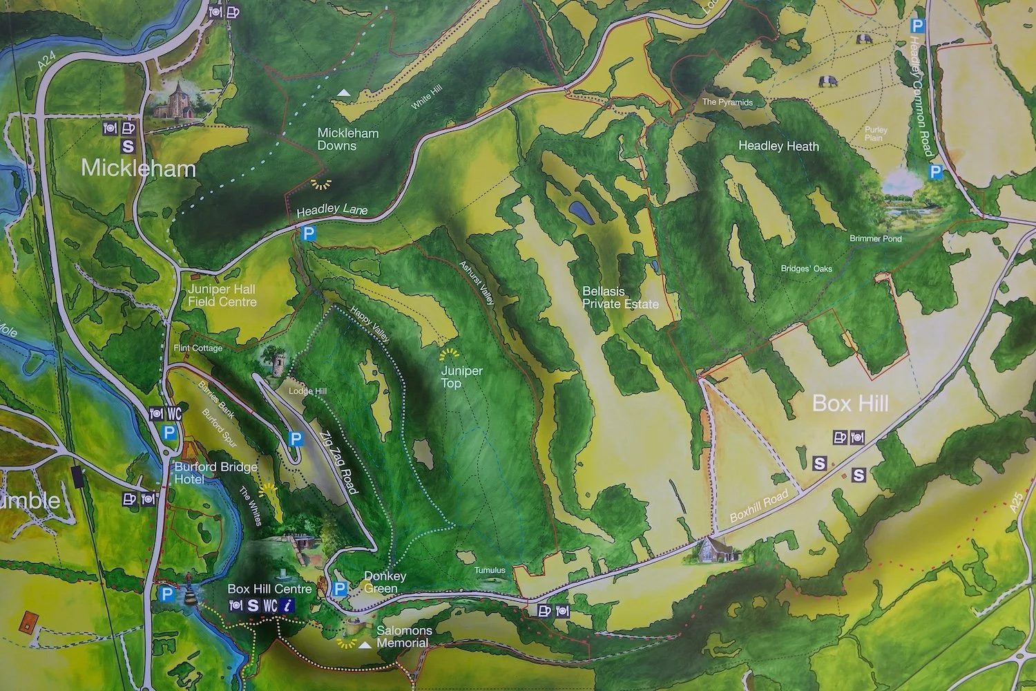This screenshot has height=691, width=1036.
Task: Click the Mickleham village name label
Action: click(138, 169)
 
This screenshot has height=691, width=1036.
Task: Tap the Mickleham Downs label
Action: click(347, 140)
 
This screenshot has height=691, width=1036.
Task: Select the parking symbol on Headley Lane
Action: click(309, 234)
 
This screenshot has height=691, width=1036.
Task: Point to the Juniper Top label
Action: click(461, 377)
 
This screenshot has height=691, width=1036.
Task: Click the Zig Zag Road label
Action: click(338, 462)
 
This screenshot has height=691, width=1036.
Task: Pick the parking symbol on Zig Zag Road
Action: click(296, 439)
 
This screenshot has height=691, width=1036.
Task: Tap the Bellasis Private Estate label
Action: click(620, 298)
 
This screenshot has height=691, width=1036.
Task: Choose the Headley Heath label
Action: click(778, 146)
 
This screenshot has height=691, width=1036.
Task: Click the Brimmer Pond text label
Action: click(875, 238)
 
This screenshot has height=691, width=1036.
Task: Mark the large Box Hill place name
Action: click(850, 404)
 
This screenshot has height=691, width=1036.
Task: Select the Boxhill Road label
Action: click(759, 507)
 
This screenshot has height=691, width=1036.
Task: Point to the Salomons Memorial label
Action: click(404, 636)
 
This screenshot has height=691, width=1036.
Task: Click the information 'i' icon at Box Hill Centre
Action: click(288, 606)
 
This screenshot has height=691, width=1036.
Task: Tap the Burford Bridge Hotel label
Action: click(215, 473)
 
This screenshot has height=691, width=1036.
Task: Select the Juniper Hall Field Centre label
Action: click(222, 296)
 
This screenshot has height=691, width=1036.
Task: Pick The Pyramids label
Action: click(727, 102)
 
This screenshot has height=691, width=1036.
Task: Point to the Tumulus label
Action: click(490, 571)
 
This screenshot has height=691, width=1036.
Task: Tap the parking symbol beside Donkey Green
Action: click(339, 589)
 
